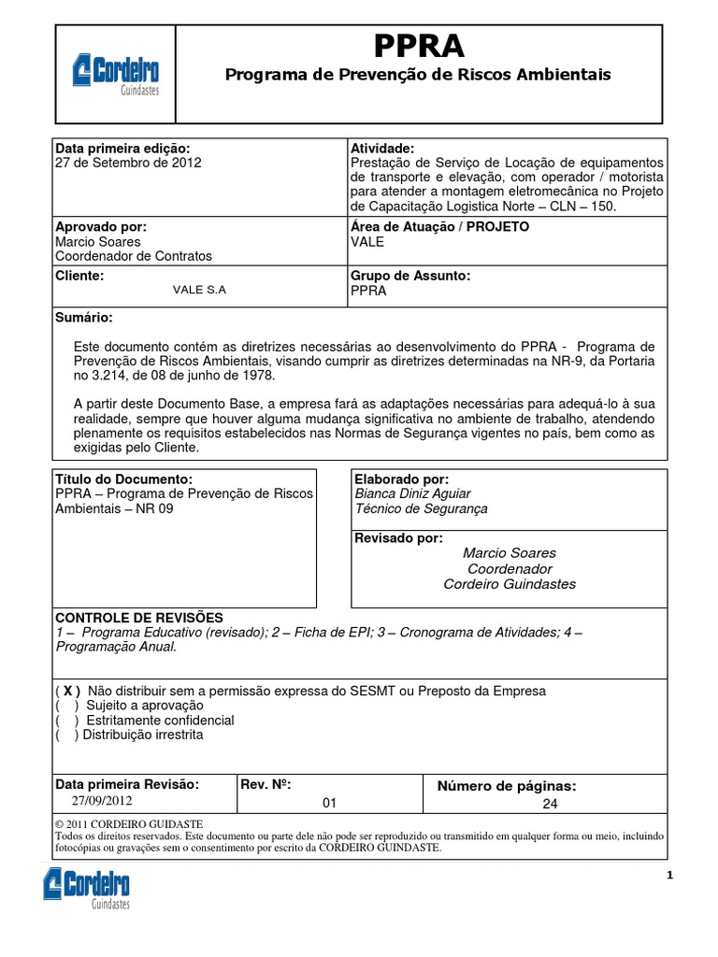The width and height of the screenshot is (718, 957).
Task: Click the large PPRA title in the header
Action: [x=418, y=46]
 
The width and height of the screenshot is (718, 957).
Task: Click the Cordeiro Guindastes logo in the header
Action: [x=116, y=74]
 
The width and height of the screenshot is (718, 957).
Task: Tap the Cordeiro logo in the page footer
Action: [x=86, y=888]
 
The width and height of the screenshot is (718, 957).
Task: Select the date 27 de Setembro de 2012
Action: [x=128, y=162]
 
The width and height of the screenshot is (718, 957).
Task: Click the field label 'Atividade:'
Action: [x=381, y=149]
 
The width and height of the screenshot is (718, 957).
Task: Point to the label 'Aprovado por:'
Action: [x=101, y=227]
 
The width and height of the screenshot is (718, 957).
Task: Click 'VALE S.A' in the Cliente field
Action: [x=199, y=290]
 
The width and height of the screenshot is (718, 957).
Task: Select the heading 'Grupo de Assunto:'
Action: [x=409, y=276]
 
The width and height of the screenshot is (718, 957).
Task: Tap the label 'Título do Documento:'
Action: [x=123, y=478]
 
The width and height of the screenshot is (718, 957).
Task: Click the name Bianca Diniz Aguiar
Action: [x=412, y=493]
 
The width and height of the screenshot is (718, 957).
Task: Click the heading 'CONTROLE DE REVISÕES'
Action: [x=140, y=618]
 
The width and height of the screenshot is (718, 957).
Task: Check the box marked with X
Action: [x=71, y=691]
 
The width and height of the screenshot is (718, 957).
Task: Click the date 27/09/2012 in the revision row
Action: [x=102, y=801]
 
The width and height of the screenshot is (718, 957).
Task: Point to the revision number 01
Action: [x=328, y=802]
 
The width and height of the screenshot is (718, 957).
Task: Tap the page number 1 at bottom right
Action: [x=669, y=876]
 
